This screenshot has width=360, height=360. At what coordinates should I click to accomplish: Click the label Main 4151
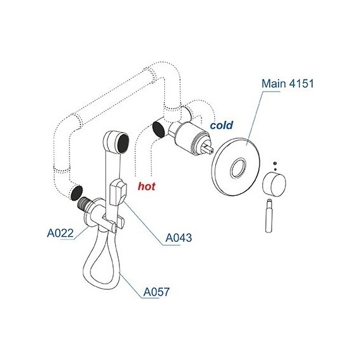point(287,83)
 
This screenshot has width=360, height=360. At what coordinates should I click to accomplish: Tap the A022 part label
point(61,233)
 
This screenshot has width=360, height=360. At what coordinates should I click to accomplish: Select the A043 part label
point(179,237)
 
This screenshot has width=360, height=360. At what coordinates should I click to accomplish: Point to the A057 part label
point(157,292)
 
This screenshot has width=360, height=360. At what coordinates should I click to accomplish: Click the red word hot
point(147,186)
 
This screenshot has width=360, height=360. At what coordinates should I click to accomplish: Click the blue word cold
point(221,125)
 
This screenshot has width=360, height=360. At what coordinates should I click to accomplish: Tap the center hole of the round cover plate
point(238,168)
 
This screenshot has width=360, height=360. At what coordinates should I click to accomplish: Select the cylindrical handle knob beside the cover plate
point(274,185)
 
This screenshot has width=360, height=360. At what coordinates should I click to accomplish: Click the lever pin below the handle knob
point(270,216)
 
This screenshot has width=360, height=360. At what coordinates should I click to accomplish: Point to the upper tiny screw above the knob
point(275,163)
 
